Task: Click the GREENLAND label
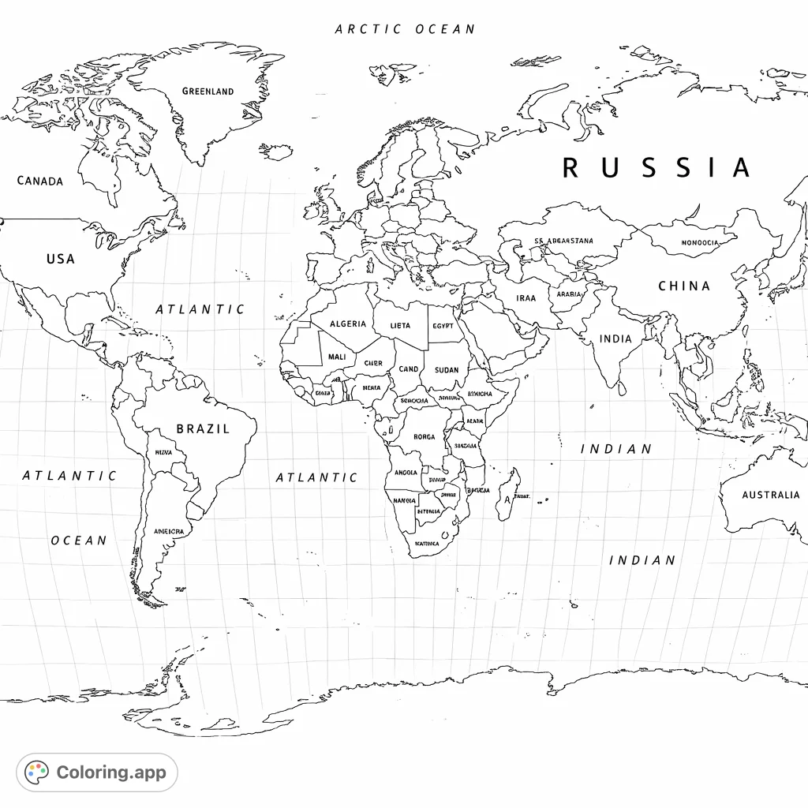[x=208, y=92]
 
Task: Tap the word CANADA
[x=40, y=181]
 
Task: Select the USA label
[x=60, y=259]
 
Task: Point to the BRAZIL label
[x=203, y=429]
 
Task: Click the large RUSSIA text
[x=656, y=168]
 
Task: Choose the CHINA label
[x=684, y=286]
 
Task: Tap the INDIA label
[x=615, y=339]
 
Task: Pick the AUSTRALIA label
[x=770, y=496]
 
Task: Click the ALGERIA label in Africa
[x=347, y=324]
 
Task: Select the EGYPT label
[x=443, y=326]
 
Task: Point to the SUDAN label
[x=446, y=370]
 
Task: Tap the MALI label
[x=336, y=357]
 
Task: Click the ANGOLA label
[x=405, y=473]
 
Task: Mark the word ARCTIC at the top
[x=368, y=29]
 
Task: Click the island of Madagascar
[x=507, y=494]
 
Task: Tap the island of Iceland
[x=276, y=151]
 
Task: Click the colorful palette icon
[x=37, y=772]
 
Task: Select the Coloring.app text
[x=111, y=772]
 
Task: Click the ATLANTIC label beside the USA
[x=200, y=309]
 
